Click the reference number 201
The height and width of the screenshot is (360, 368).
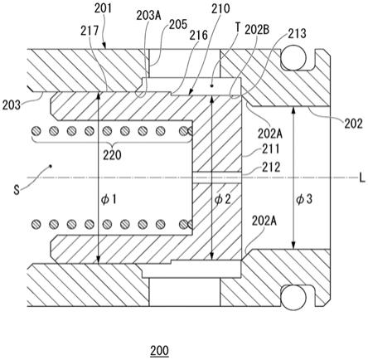pyautogui.click(x=103, y=8)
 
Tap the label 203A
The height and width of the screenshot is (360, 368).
pyautogui.click(x=148, y=16)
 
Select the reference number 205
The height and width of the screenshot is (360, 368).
pyautogui.click(x=178, y=24)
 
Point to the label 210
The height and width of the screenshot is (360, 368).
pyautogui.click(x=220, y=9)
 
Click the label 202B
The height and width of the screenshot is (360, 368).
pyautogui.click(x=257, y=30)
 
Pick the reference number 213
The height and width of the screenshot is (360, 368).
pyautogui.click(x=297, y=33)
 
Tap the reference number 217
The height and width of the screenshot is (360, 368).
pyautogui.click(x=90, y=31)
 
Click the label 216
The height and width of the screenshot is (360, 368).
pyautogui.click(x=198, y=35)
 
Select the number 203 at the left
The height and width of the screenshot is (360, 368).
pyautogui.click(x=12, y=105)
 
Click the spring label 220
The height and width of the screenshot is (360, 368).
pyautogui.click(x=112, y=155)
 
